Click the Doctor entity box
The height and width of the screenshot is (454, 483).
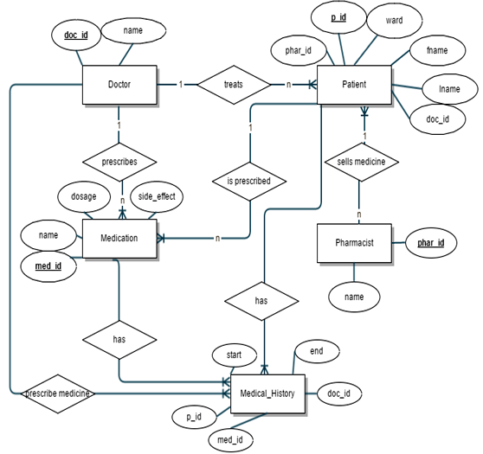point(119,85)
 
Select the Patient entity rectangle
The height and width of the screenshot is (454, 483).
point(354,85)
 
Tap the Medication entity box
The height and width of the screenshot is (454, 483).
point(119,238)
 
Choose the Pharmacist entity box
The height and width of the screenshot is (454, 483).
point(354,243)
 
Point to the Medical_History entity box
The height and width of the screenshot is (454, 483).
point(267,394)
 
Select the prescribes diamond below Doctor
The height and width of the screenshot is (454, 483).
point(119,162)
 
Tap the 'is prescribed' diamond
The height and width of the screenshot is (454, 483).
point(248,182)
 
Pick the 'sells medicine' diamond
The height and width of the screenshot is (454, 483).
point(361,162)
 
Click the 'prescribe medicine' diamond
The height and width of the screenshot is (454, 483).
point(58,394)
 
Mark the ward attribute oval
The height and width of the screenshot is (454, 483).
point(394,21)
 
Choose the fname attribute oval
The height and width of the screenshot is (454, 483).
point(437,51)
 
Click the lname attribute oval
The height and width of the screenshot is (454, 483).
point(449,89)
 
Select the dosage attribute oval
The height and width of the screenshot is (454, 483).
point(84,196)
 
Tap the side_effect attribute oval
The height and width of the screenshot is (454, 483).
point(157,196)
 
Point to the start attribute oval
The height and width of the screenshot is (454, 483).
point(234,355)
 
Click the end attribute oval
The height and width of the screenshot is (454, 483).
point(316,352)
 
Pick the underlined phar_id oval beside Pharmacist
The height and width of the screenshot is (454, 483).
point(430,243)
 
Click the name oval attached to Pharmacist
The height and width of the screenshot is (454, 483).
point(354,297)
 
